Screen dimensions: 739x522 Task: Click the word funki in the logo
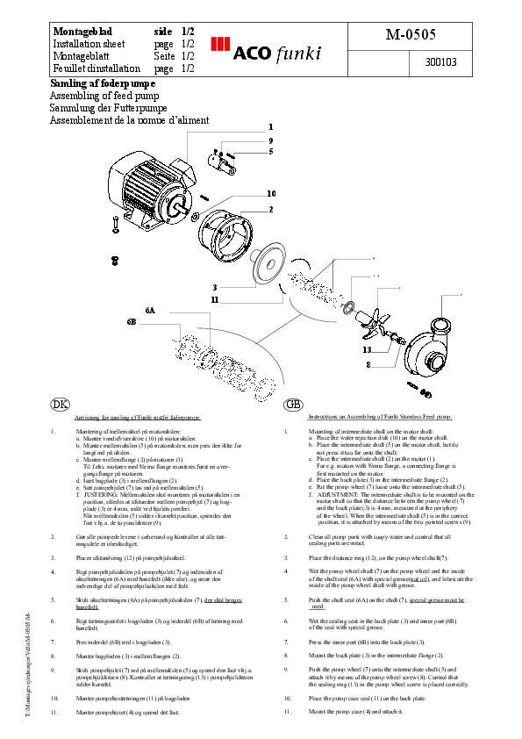tap(297, 52)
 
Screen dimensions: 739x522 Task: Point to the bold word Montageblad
tap(83, 31)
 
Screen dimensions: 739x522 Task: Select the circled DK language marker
tap(61, 404)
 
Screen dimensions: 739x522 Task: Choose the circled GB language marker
tap(294, 404)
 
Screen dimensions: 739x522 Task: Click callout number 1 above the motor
tap(270, 126)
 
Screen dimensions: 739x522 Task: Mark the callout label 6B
tap(132, 322)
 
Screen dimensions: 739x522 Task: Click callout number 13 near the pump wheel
tap(367, 349)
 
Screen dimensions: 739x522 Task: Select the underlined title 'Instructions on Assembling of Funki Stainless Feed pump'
tap(380, 419)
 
